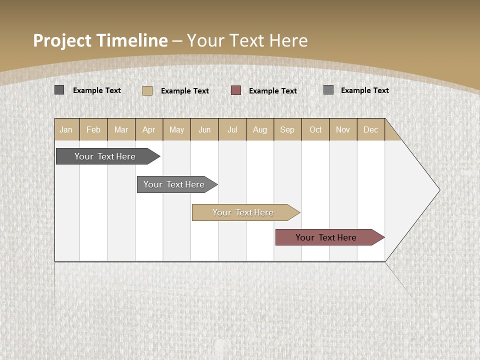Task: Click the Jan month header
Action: coord(66,129)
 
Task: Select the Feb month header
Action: coord(93,129)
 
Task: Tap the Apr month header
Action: coord(148,129)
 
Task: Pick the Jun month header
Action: coord(204,129)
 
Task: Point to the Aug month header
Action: coord(259,129)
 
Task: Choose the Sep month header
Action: coord(287,129)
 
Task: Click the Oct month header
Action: coord(315,129)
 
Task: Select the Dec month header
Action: coord(370,129)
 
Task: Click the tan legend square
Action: coord(147,90)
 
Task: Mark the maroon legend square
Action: coord(236,90)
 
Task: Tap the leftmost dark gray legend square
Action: coord(59,90)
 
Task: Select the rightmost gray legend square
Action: coord(328,90)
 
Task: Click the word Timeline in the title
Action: coord(131,40)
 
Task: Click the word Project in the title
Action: coord(62,40)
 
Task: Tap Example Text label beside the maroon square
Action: coord(273,91)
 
